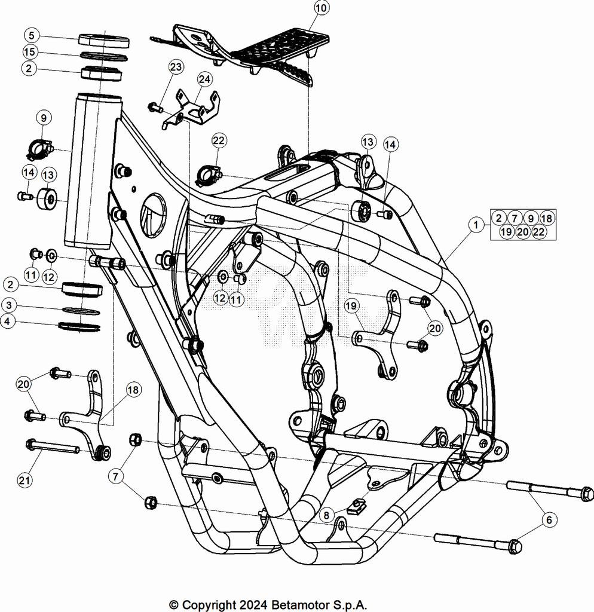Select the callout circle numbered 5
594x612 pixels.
pos(31,35)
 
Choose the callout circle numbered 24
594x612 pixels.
pos(204,79)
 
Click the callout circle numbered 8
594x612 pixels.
pos(326,514)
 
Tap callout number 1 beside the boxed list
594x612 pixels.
pos(476,225)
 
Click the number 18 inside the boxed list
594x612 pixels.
pos(546,218)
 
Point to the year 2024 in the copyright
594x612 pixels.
pos(248,604)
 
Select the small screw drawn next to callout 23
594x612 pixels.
pos(155,108)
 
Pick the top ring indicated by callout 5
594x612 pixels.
pos(104,40)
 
